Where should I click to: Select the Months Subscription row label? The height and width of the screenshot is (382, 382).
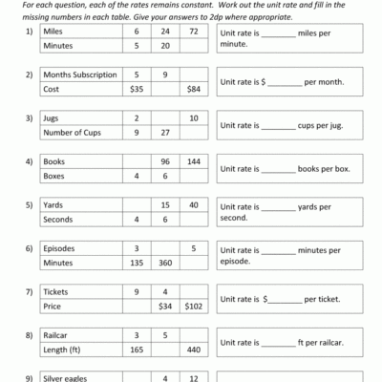tap(79, 74)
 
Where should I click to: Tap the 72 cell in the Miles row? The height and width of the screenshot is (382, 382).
tap(194, 31)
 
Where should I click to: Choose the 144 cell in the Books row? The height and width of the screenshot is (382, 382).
tap(194, 161)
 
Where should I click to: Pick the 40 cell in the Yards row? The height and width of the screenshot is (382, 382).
tap(194, 205)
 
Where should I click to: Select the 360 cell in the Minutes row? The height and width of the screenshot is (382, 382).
tap(165, 264)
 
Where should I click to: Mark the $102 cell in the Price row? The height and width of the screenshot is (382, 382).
tap(194, 308)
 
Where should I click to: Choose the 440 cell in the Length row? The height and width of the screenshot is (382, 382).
tap(194, 351)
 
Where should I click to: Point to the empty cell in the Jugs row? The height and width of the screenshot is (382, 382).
tap(165, 118)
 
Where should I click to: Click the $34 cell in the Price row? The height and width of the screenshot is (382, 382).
tap(165, 308)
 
